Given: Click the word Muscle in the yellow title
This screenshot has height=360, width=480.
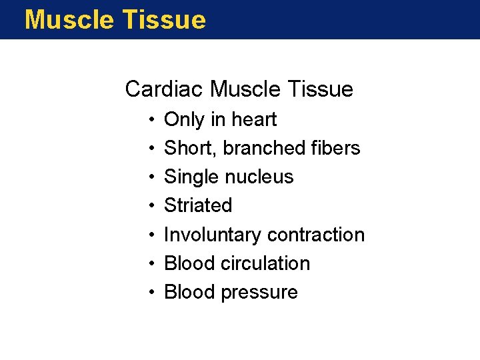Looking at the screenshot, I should [68, 20].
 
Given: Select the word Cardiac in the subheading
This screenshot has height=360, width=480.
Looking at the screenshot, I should [164, 89].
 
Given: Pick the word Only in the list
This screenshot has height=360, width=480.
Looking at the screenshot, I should [184, 119].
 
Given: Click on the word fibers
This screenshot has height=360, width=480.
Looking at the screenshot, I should [337, 148].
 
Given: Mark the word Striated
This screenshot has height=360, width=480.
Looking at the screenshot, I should [198, 205].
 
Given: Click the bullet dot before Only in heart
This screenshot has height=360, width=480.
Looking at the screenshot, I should [153, 120].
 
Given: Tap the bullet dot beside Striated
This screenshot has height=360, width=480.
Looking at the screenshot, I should [153, 206].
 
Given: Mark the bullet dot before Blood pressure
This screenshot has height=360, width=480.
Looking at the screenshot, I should [153, 293].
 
